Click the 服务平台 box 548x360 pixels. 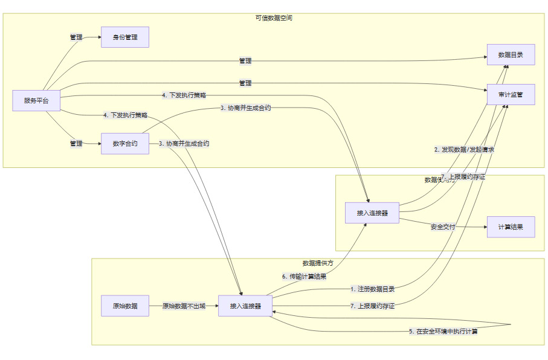click(36, 100)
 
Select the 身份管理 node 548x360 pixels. click(124, 37)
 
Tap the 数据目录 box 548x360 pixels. click(511, 55)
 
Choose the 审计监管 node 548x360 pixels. click(511, 95)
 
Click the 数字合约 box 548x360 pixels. click(124, 144)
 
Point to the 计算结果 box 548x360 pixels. click(511, 227)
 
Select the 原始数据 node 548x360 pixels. click(124, 306)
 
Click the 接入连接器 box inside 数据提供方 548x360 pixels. click(245, 306)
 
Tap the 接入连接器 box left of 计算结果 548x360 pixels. click(372, 213)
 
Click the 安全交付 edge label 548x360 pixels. click(443, 227)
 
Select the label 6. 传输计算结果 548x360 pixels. click(305, 277)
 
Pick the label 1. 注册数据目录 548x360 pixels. click(372, 289)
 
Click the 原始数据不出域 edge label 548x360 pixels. click(184, 306)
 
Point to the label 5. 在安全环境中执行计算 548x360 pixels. click(443, 331)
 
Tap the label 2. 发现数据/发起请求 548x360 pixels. click(465, 149)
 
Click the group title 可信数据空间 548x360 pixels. click(274, 18)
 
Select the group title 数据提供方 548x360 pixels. click(317, 263)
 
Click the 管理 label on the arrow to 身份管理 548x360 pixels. click(76, 37)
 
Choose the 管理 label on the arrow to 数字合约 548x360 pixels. click(76, 144)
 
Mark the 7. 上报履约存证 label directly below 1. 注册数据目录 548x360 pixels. click(372, 306)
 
